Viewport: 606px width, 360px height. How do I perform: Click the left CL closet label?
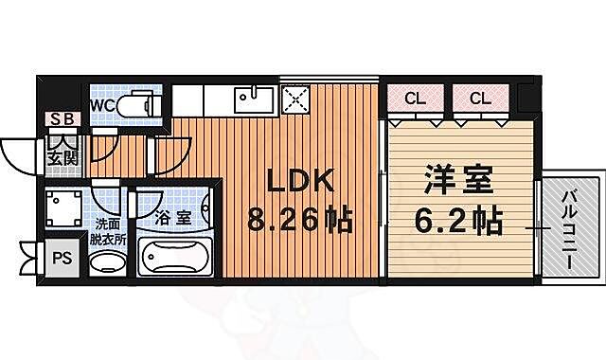(415, 98)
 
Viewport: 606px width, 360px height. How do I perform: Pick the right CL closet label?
(481, 98)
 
